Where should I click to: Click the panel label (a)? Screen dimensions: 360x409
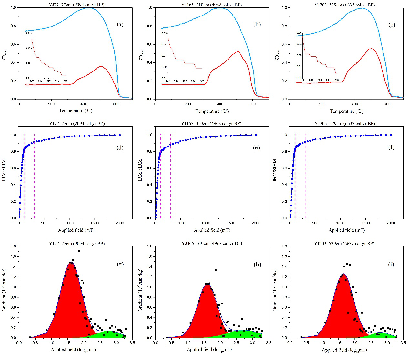(120, 25)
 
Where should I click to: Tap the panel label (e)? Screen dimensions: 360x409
(257, 148)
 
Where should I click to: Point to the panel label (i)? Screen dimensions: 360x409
(391, 265)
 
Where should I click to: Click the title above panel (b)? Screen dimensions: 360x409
(211, 5)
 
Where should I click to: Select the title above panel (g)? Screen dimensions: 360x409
(77, 244)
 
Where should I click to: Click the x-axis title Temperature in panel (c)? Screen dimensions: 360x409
(346, 111)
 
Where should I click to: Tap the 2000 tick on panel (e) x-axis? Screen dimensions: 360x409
(256, 223)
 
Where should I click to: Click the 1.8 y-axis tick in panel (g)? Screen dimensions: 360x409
(14, 246)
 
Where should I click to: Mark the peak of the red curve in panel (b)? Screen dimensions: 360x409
(238, 51)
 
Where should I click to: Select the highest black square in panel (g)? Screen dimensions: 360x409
(79, 251)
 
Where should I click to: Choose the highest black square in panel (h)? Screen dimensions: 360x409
(215, 270)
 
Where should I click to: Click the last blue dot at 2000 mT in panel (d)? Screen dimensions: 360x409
(120, 135)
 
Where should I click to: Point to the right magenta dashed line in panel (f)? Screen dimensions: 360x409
(305, 175)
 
